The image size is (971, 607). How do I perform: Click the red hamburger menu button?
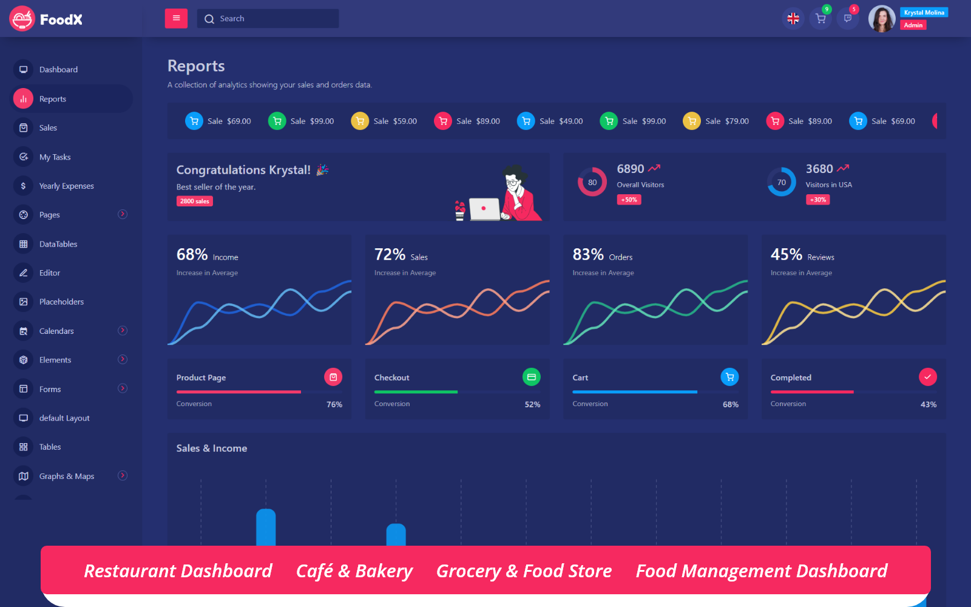point(176,18)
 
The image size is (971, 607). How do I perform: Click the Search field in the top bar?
point(268,19)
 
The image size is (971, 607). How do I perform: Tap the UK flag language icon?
point(793,19)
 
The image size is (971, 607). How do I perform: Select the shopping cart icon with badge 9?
point(820,19)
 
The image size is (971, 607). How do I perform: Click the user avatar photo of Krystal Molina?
point(881,19)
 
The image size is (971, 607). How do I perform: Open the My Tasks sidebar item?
point(55,157)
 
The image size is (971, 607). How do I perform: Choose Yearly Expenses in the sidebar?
point(66,186)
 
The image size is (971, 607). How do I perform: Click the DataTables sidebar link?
point(58,244)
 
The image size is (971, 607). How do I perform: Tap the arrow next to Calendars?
point(123,331)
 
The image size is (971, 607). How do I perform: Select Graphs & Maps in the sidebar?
point(67,476)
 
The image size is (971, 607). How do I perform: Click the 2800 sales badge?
point(194,202)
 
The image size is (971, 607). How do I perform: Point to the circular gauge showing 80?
point(592,182)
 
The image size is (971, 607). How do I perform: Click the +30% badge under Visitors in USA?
point(817,200)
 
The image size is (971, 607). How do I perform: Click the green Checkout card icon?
point(531,377)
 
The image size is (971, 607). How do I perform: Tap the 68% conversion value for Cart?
point(730,404)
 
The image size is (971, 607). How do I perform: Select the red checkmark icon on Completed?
point(927,377)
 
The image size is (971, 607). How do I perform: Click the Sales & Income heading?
point(211,449)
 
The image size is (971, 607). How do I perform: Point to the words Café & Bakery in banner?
point(354,571)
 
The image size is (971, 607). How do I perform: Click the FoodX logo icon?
point(22,19)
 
